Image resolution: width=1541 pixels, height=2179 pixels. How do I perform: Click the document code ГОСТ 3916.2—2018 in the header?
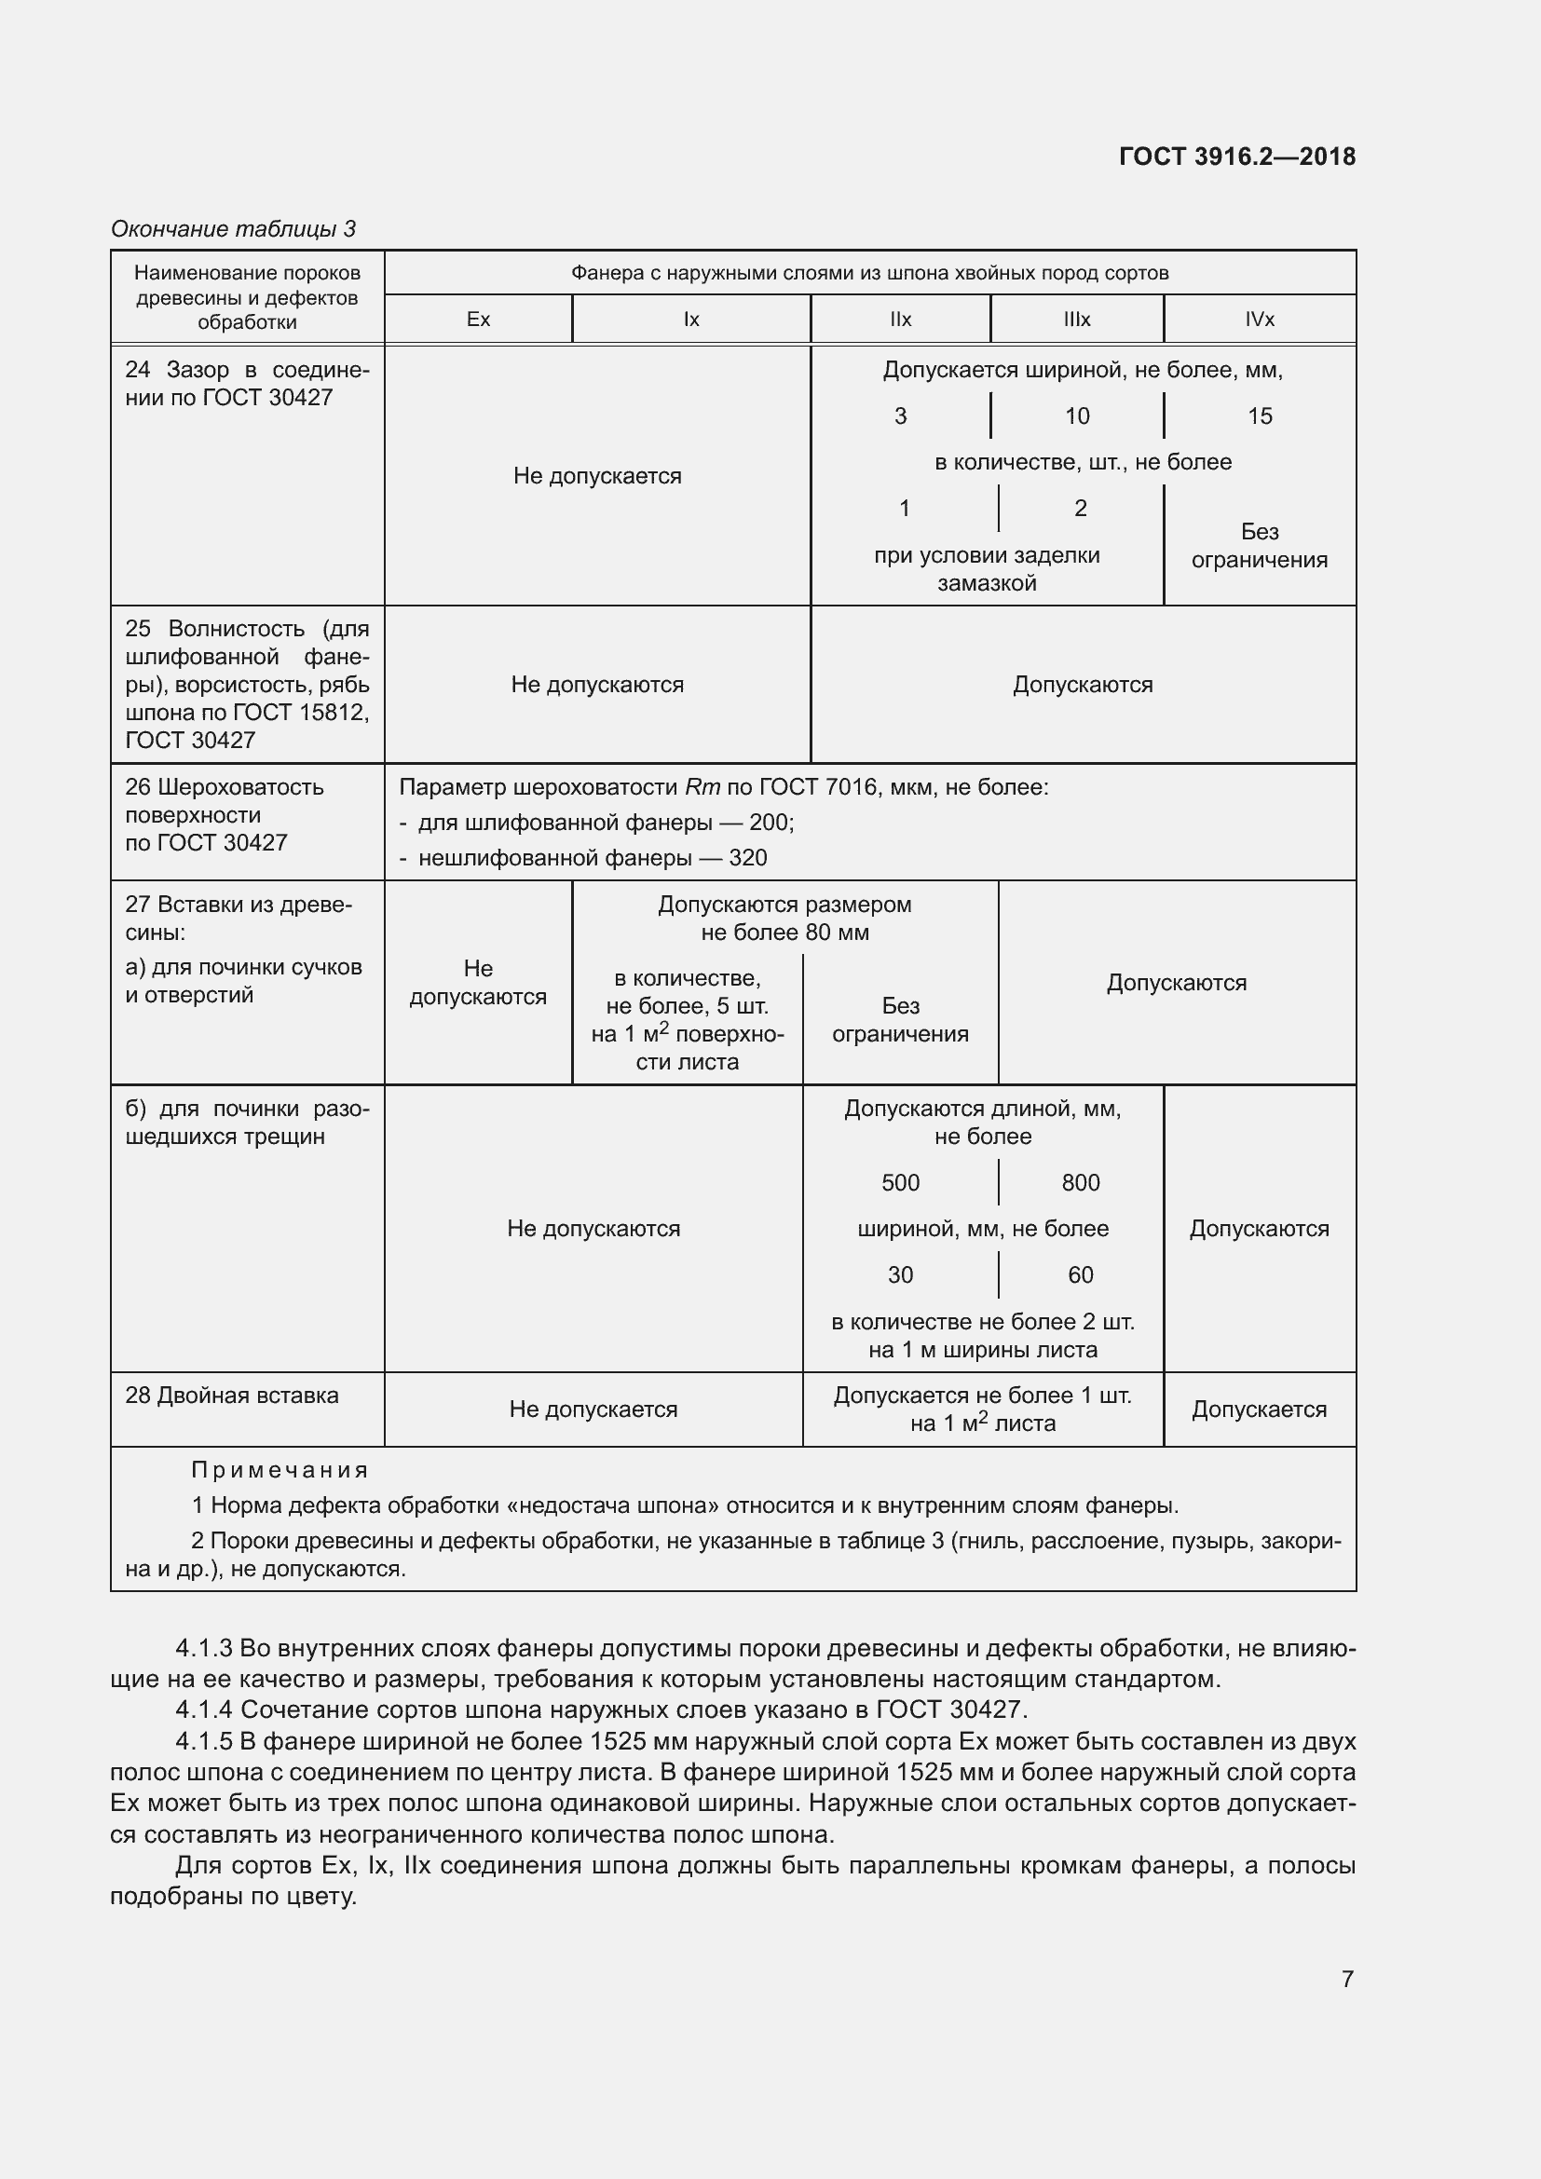point(1236,157)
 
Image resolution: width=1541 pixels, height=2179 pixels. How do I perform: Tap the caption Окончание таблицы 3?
point(234,229)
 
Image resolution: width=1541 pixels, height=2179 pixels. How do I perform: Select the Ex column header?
point(478,319)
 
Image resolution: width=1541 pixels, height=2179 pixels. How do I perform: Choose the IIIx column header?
point(1076,319)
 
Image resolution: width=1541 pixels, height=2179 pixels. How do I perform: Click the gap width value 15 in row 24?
point(1260,415)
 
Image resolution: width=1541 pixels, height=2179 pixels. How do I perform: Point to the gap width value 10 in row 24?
point(1077,415)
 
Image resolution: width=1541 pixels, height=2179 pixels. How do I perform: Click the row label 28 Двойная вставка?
point(232,1396)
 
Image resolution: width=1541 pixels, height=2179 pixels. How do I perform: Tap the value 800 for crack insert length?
point(1080,1182)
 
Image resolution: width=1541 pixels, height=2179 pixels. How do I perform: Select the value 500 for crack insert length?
point(900,1182)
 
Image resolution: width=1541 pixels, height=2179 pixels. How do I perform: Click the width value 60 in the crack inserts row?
point(1080,1274)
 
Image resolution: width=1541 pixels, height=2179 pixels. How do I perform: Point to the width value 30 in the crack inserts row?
point(900,1274)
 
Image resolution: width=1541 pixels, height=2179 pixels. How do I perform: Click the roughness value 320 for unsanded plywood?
point(748,858)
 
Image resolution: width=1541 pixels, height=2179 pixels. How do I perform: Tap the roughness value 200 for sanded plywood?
point(769,822)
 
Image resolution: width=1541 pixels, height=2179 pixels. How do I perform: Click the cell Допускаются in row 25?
point(1082,685)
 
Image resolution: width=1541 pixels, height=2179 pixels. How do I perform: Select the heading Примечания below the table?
point(279,1470)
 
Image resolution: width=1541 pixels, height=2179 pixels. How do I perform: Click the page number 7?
point(1346,1979)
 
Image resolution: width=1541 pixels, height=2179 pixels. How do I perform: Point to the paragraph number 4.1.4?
point(204,1709)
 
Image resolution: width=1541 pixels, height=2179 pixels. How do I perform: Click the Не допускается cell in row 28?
point(593,1410)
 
